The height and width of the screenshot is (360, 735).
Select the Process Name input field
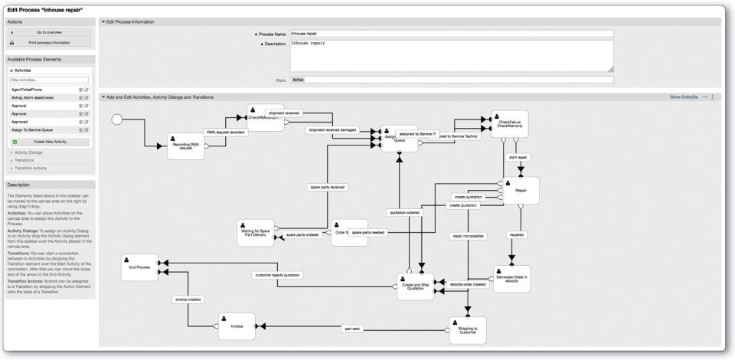pyautogui.click(x=451, y=34)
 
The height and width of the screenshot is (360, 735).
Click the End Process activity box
pyautogui.click(x=139, y=267)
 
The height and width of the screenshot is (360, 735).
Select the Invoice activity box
pyautogui.click(x=237, y=326)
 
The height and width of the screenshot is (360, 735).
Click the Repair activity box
pyautogui.click(x=521, y=190)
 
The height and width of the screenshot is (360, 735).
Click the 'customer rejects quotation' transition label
pyautogui.click(x=277, y=275)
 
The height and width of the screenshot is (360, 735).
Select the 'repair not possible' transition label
pyautogui.click(x=469, y=237)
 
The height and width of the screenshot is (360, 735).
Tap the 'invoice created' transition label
pyautogui.click(x=188, y=299)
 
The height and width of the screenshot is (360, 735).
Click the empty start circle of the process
pyautogui.click(x=117, y=120)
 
